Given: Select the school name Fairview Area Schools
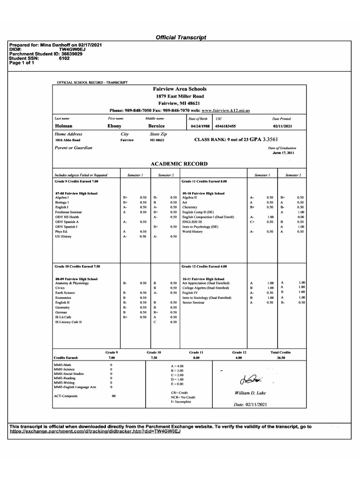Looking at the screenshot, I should pos(180,89).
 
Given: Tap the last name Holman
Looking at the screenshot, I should pos(63,126).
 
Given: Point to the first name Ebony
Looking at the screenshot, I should pos(114,126).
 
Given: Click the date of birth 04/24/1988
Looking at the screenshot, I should pos(198,126).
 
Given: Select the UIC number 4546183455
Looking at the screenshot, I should pos(225,126).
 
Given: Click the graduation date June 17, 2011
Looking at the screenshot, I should pos(283,152).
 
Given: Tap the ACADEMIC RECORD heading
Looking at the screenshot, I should pos(179,164).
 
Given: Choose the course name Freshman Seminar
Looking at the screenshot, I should pos(68,212).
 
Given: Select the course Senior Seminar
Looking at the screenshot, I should pos(193,302).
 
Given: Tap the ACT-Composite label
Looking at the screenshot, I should pos(66,396).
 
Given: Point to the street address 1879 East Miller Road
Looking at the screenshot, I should pos(180,96).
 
